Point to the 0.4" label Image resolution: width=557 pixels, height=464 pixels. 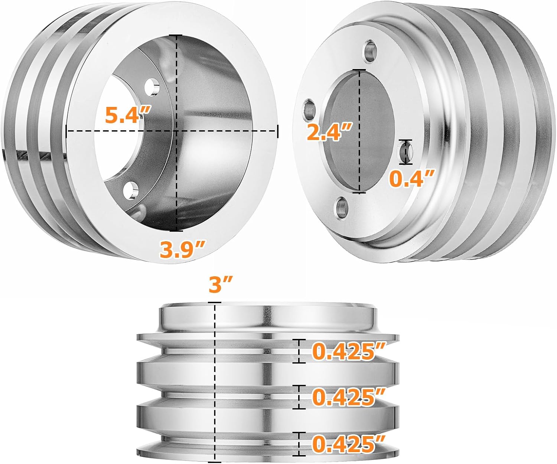click(x=412, y=179)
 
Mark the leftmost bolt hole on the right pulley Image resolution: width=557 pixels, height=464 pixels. click(x=309, y=109)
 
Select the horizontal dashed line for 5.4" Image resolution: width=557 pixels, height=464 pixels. click(x=111, y=131)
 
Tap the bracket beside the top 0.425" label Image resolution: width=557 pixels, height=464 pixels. click(x=299, y=351)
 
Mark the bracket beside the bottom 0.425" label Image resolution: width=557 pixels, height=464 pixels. click(x=299, y=444)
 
